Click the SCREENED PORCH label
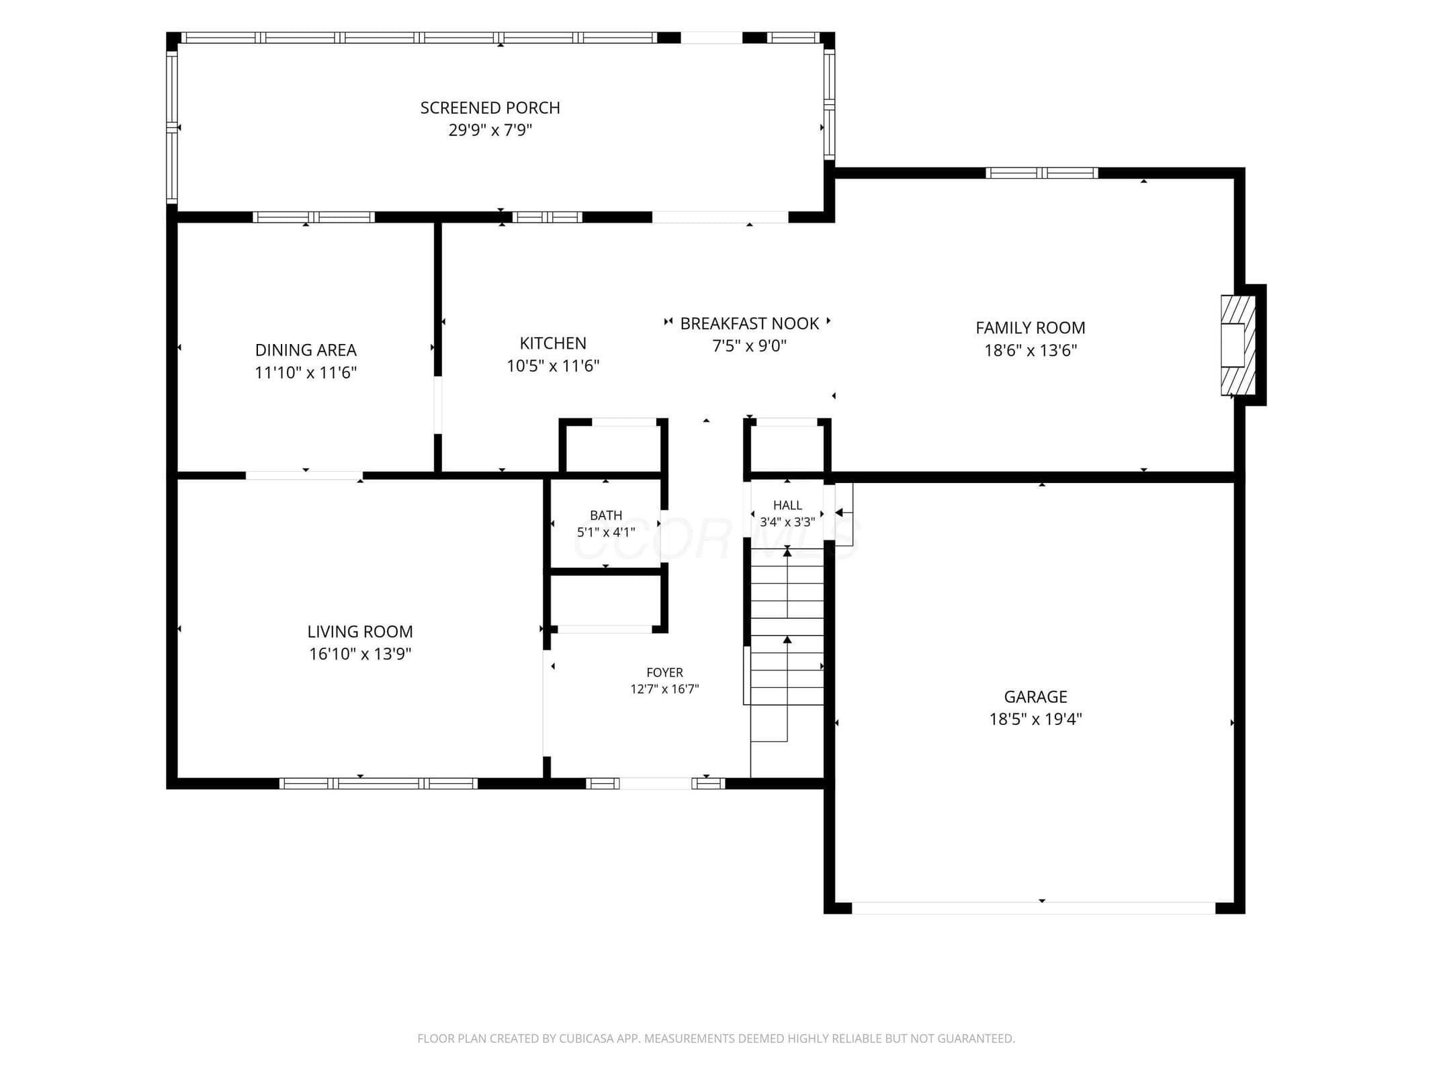[490, 107]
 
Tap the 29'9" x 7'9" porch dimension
[490, 130]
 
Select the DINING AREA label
[306, 350]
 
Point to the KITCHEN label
[553, 343]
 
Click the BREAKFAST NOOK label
[749, 324]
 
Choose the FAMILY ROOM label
[1030, 328]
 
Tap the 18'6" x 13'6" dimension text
[1030, 350]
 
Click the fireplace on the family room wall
[1237, 345]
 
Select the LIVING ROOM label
[360, 632]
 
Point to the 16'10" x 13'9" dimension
[360, 654]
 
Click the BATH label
[605, 515]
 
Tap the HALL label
[787, 505]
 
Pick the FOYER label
[664, 673]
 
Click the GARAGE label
[1035, 697]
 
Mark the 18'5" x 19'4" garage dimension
[1035, 719]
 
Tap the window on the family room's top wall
[1041, 173]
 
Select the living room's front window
[378, 783]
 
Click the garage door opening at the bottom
[1033, 908]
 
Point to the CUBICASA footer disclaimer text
[716, 1038]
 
